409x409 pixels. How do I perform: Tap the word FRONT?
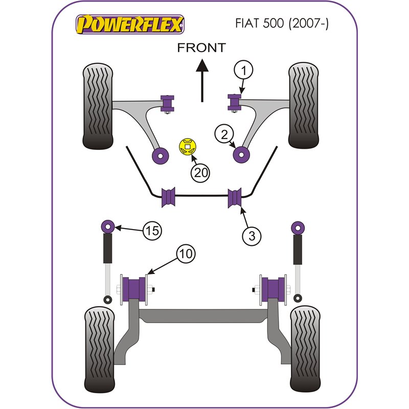(x=201, y=48)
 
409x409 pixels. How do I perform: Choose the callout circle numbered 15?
(x=152, y=231)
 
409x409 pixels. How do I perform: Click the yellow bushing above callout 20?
(x=188, y=147)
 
